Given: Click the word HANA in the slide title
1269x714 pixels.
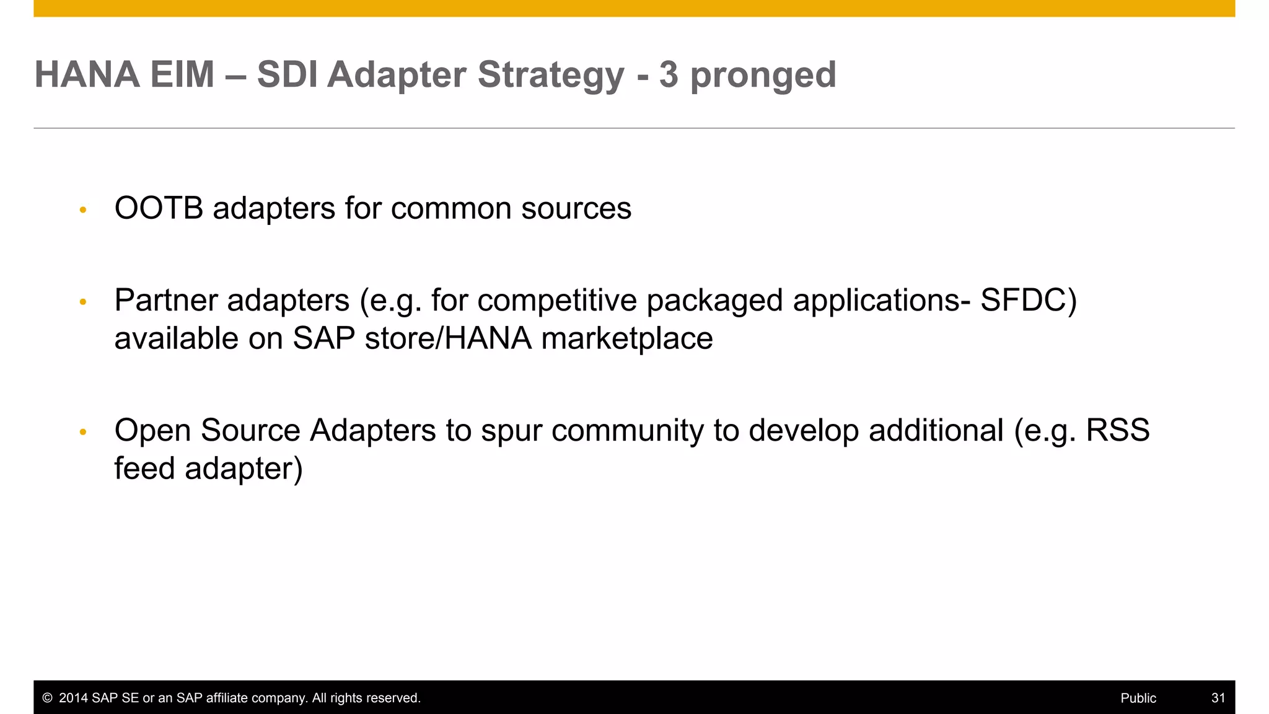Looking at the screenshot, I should point(87,74).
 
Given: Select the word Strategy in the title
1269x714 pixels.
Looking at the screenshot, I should point(551,76).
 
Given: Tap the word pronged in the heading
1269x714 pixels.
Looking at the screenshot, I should point(763,76).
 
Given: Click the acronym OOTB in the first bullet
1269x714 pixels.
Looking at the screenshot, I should point(159,208).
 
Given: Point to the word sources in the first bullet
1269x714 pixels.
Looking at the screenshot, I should point(576,208).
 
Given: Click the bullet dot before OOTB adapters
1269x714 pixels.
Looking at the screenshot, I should point(83,210).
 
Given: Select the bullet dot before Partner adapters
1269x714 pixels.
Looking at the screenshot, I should point(83,302).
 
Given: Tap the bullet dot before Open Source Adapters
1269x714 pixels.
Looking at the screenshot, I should point(83,432).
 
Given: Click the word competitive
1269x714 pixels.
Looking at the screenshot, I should point(556,301).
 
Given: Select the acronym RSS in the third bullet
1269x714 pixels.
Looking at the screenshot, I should point(1117,430).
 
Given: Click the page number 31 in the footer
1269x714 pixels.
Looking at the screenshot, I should point(1218,698).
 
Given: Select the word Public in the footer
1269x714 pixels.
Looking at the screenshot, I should point(1138,698).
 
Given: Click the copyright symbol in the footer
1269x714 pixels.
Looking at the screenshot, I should point(47,698).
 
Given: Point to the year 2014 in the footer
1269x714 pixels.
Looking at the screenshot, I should point(73,698).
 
